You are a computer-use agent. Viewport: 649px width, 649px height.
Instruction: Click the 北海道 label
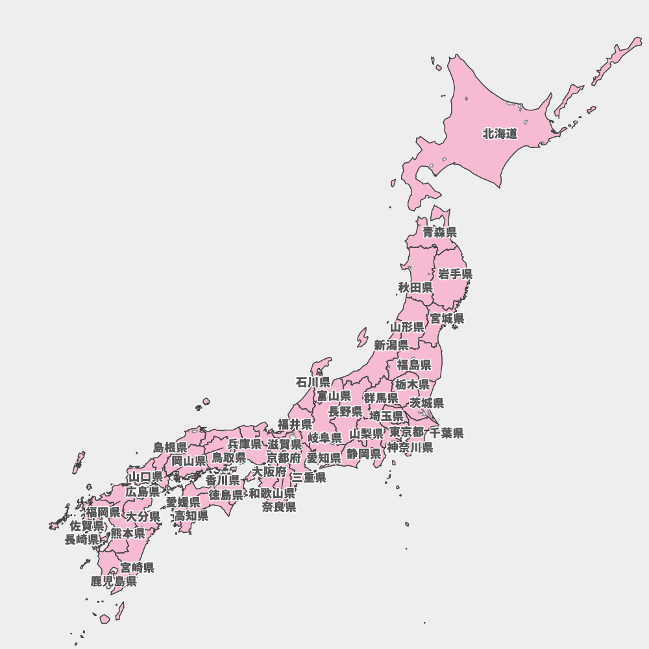click(x=500, y=134)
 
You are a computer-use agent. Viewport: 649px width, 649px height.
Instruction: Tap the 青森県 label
click(x=439, y=232)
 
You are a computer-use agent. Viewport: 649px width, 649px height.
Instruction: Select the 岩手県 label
click(x=455, y=274)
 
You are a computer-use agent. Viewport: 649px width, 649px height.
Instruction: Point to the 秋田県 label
click(x=415, y=287)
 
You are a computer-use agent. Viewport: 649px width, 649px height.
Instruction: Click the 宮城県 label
click(x=447, y=319)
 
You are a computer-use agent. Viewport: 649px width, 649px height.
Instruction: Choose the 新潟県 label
click(x=391, y=345)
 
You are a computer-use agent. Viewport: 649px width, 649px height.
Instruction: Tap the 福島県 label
click(x=414, y=365)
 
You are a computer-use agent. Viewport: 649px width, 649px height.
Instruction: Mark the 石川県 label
click(x=313, y=382)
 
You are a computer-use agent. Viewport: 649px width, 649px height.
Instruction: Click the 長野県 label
click(x=345, y=411)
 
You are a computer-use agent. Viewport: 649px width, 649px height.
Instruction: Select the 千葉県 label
click(x=447, y=433)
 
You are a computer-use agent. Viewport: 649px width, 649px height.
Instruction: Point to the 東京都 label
click(x=407, y=432)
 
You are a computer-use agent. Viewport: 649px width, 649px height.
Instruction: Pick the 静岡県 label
click(x=363, y=454)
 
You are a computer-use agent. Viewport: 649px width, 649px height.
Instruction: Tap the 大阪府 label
click(x=269, y=471)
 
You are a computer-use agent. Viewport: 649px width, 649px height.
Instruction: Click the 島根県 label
click(x=170, y=447)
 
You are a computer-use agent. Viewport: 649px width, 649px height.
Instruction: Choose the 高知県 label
click(x=191, y=516)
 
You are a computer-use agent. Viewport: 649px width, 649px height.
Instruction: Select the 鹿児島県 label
click(x=114, y=582)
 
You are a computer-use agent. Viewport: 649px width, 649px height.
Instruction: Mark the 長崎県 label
click(x=82, y=539)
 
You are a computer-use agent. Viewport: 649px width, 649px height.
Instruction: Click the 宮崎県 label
click(x=138, y=568)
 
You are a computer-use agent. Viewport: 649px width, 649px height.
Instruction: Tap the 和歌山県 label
click(x=272, y=493)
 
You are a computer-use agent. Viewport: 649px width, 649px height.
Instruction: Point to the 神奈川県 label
click(x=410, y=447)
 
